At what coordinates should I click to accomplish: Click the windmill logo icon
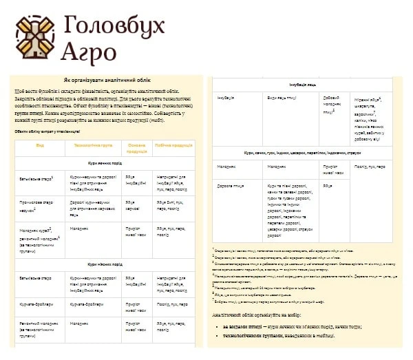(x=34, y=35)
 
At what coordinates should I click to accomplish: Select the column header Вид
(x=40, y=146)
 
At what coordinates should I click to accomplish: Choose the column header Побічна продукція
(x=173, y=146)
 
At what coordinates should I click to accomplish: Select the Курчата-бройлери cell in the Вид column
(x=35, y=303)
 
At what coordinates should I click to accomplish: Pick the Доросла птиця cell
(x=229, y=187)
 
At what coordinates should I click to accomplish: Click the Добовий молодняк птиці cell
(x=332, y=105)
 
